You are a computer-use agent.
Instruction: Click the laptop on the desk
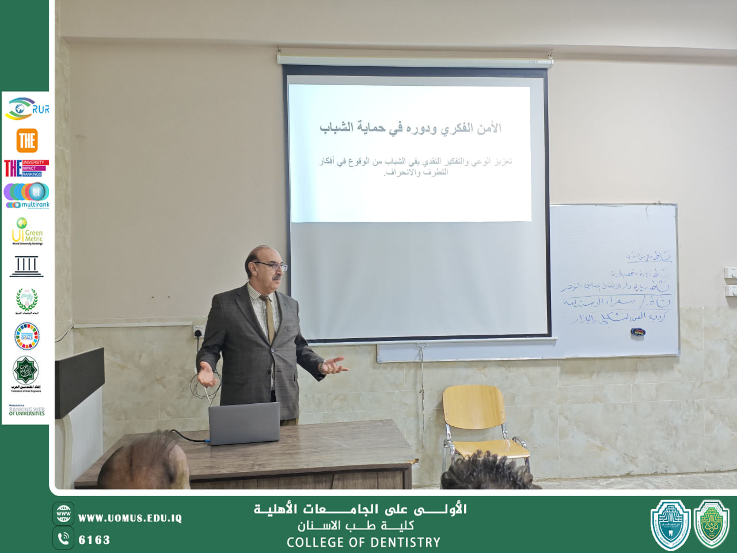[244, 423]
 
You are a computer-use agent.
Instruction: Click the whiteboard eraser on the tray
[638, 332]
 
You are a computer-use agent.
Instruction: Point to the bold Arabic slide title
[411, 128]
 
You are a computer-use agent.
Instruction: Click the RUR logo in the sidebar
[26, 108]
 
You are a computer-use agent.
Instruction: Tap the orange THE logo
[27, 140]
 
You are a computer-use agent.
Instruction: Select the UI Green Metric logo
[27, 232]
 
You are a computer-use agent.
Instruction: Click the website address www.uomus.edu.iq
[130, 518]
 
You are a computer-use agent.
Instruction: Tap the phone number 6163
[94, 540]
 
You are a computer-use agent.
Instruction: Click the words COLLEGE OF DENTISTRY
[363, 543]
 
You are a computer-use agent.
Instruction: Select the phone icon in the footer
[63, 539]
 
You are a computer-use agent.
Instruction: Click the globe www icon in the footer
[63, 513]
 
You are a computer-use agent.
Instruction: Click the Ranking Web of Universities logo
[26, 410]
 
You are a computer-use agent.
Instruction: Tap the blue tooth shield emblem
[670, 524]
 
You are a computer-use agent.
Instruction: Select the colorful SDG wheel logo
[27, 336]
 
